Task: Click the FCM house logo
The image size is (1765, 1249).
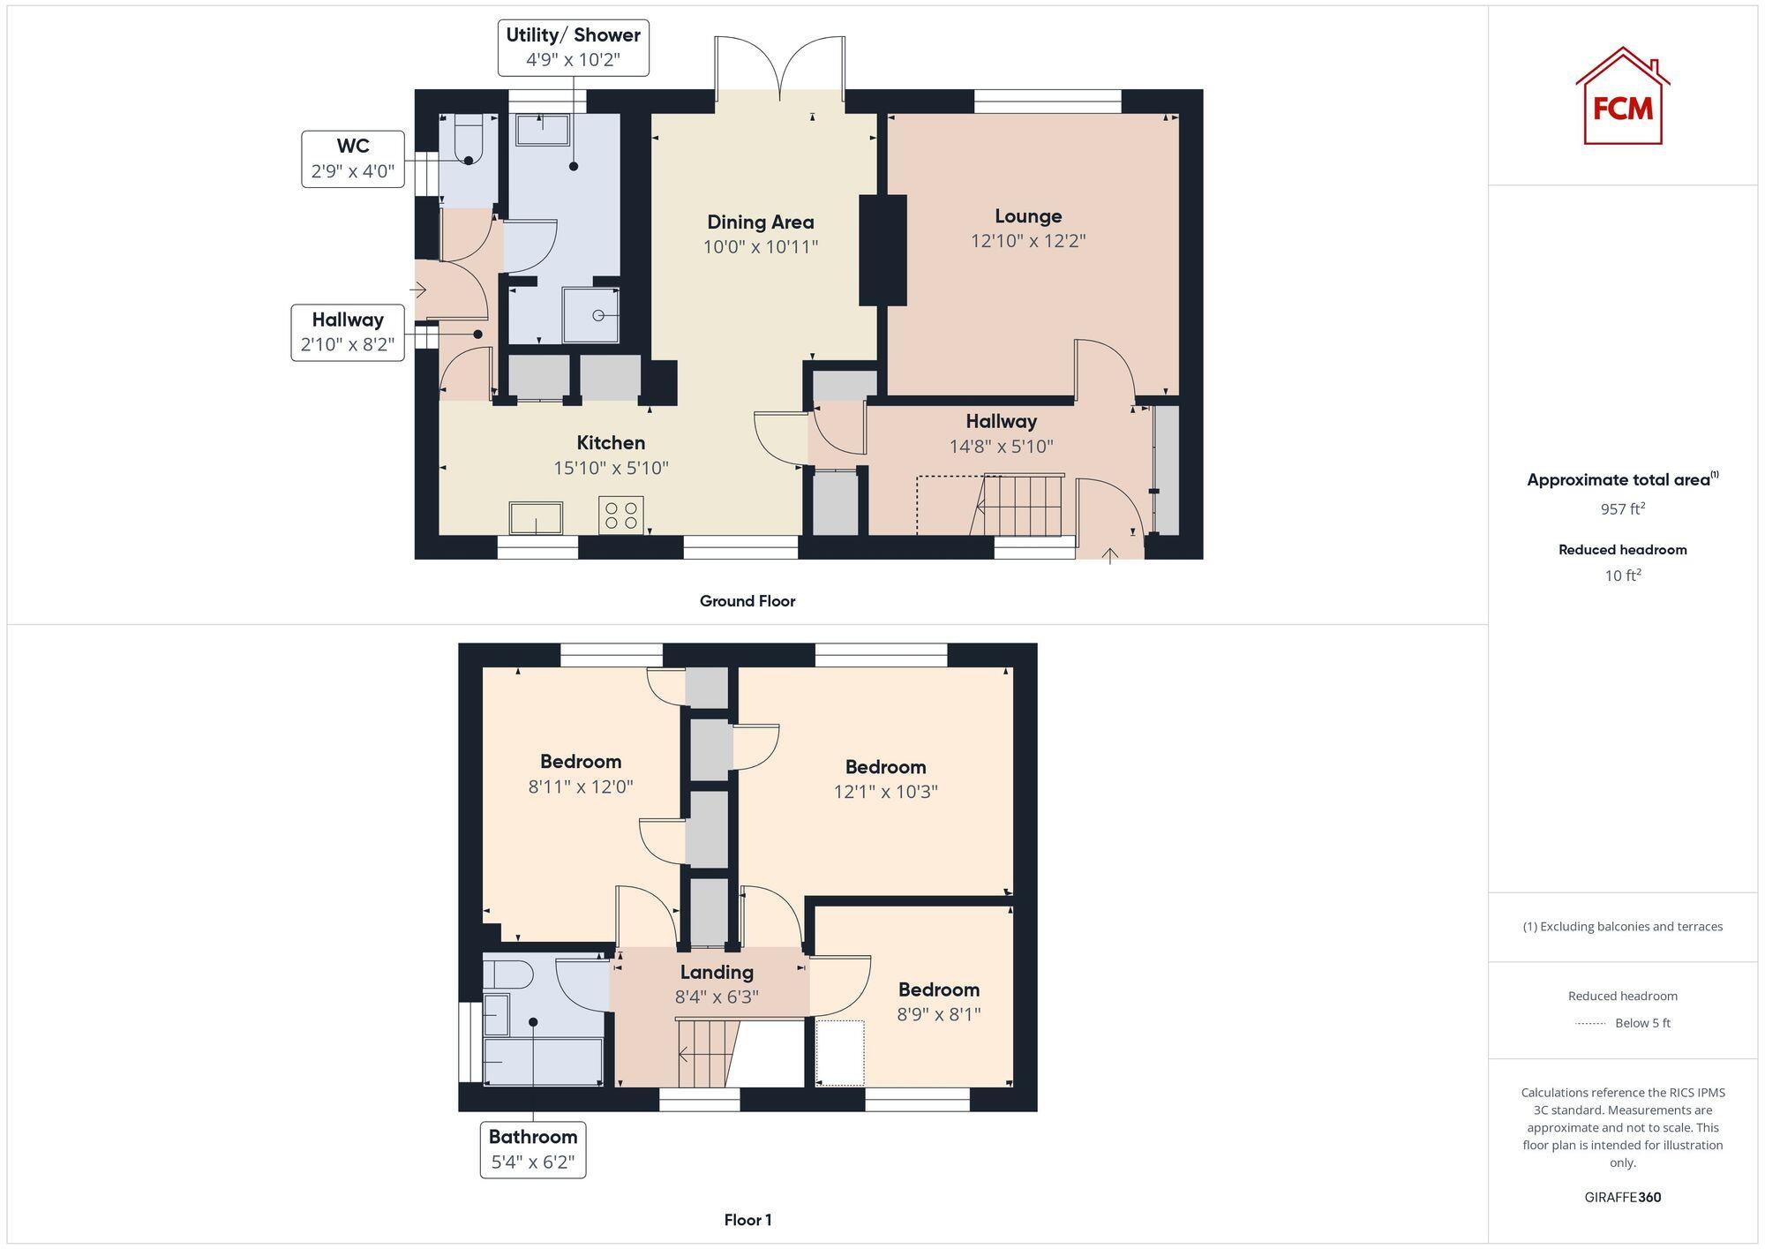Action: click(x=1622, y=97)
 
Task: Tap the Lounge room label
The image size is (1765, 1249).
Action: click(x=1028, y=216)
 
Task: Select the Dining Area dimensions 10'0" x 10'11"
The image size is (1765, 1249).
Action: click(x=760, y=247)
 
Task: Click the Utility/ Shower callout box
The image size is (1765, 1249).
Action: click(x=573, y=48)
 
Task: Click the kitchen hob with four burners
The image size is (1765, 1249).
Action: click(x=621, y=515)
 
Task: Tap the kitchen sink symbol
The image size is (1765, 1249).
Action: click(x=536, y=518)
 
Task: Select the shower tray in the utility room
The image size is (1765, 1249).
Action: click(x=591, y=315)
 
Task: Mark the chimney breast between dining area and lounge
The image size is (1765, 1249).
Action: click(x=882, y=250)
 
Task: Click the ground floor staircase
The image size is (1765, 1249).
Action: click(x=1022, y=505)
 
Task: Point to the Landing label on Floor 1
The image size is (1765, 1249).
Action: click(x=717, y=972)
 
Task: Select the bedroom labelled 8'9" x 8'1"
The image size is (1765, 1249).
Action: click(x=938, y=1001)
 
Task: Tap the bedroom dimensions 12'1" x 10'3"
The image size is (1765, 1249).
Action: click(x=885, y=792)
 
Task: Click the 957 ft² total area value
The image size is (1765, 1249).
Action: click(x=1622, y=509)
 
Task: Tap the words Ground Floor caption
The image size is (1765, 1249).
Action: click(x=747, y=601)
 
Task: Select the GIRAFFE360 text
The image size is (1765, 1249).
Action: click(x=1622, y=1197)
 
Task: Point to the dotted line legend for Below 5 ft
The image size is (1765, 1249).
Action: click(x=1590, y=1024)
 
